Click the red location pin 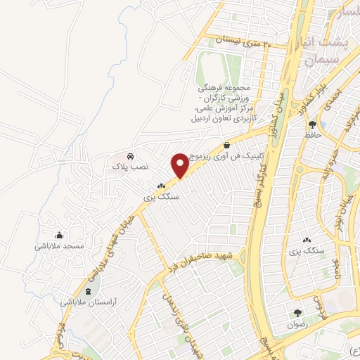(x=180, y=165)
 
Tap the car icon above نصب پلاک (x=130, y=156)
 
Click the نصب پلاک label (x=130, y=167)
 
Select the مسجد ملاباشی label (x=60, y=247)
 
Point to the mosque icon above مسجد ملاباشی (x=59, y=236)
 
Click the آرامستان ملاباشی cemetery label (x=88, y=301)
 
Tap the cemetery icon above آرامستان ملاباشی (x=88, y=290)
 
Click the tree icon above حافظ (x=311, y=124)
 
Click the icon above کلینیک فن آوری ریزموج (x=226, y=144)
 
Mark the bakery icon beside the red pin (x=161, y=187)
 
